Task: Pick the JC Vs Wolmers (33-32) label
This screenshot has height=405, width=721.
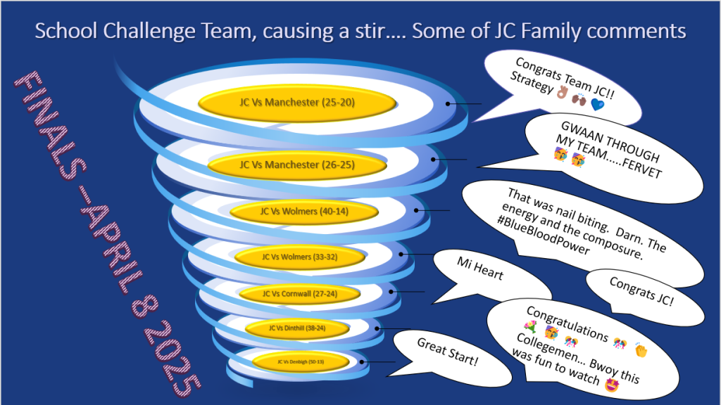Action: click(300, 257)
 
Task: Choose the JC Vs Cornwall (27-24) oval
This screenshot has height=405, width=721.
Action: click(299, 293)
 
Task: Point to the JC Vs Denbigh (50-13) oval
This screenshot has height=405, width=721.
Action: click(301, 361)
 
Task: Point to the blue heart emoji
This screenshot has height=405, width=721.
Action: click(598, 105)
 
